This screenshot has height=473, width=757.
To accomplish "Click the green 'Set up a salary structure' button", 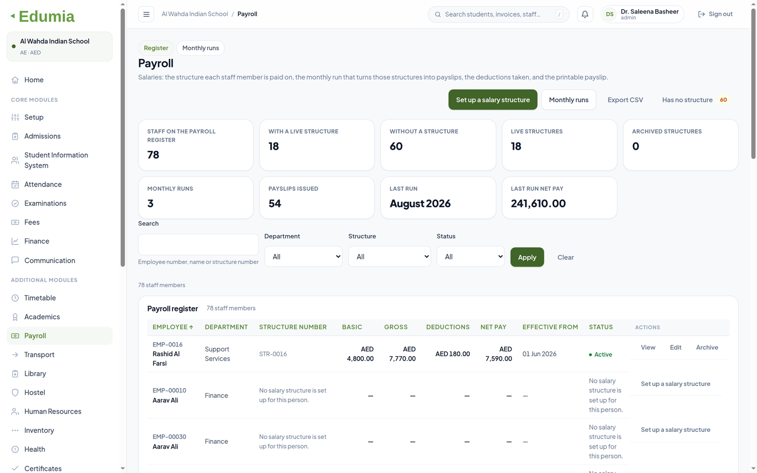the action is point(493,99).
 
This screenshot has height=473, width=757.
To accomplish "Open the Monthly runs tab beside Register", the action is point(201,48).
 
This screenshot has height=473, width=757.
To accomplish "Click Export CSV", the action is point(625,99).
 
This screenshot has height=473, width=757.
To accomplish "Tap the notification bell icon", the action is point(585,14).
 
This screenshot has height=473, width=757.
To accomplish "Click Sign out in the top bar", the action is point(715,14).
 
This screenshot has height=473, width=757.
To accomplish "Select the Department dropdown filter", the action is point(303,257).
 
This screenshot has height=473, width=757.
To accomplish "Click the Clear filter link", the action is point(566,257).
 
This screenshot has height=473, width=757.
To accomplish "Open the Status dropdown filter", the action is point(470,257).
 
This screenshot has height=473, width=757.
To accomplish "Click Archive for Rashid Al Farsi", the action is point(707,347).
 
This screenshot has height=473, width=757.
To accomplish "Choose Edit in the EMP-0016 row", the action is point(675,347).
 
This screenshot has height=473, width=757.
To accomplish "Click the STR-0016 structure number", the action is point(273,354).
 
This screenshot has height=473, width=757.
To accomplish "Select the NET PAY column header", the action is point(493,327).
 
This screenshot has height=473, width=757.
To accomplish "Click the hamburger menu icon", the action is point(147,14).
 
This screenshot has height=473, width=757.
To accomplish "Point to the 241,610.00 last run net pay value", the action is point(538,203).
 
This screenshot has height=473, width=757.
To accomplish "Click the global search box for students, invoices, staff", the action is point(499,14).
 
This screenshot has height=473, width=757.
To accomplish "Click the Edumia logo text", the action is point(47,16).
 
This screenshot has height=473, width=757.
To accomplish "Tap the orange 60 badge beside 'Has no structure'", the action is point(723,99).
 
